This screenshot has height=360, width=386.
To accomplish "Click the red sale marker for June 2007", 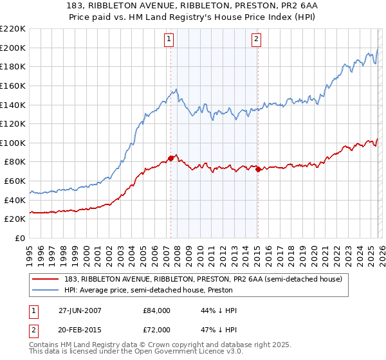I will coord(170,157).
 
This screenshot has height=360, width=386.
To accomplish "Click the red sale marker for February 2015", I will coord(257,170).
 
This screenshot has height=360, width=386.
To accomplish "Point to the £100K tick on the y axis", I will coord(14,143).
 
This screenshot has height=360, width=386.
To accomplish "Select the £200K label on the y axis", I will coord(14,48).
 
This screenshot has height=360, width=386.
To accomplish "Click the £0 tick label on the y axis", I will coord(19,238).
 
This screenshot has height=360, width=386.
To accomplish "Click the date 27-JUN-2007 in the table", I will coord(79,310).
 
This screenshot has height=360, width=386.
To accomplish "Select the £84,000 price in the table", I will coord(156,310).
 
